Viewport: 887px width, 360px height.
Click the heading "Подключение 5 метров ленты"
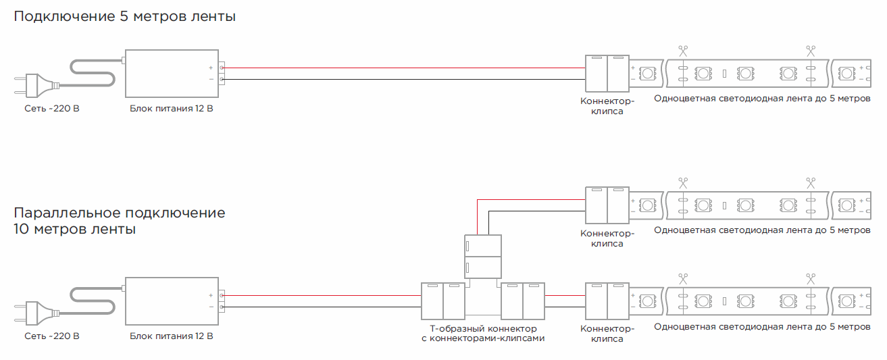[x=125, y=17]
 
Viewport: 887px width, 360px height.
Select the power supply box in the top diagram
[x=170, y=74]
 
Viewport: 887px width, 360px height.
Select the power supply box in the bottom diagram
[x=170, y=301]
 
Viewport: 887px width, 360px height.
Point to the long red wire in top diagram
[x=405, y=68]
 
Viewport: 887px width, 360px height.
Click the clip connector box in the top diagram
[x=607, y=74]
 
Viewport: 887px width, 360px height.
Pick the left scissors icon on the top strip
[x=683, y=51]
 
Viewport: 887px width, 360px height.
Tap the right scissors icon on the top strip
[x=810, y=51]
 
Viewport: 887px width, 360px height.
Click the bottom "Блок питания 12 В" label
[x=172, y=336]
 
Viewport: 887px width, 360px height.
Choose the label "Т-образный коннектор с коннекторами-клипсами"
[x=482, y=334]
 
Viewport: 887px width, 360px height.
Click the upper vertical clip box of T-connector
[x=482, y=256]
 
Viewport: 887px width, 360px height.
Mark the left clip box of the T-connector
[x=442, y=301]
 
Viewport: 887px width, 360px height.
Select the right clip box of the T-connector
[x=522, y=301]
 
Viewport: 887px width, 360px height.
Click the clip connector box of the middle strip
[x=607, y=206]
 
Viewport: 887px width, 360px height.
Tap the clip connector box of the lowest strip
[x=607, y=301]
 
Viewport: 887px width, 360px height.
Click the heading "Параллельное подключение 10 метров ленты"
[x=119, y=221]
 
